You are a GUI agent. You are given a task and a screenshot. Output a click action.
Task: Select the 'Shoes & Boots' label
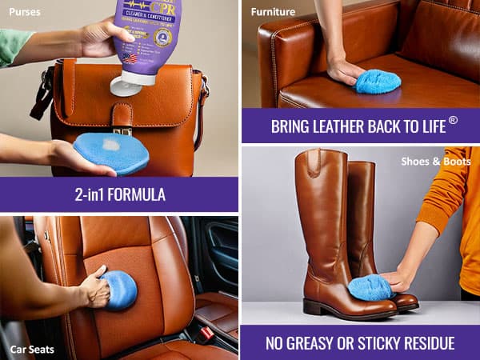click(x=436, y=162)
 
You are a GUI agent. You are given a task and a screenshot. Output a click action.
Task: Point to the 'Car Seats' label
click(x=31, y=349)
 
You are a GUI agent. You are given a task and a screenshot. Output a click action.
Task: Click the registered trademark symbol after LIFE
click(x=453, y=120)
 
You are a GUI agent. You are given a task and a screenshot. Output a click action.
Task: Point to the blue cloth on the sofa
click(x=378, y=81)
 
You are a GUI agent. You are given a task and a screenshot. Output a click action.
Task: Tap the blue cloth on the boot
click(x=370, y=286)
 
